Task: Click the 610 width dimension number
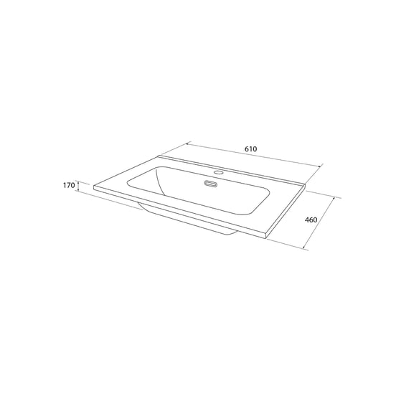250,148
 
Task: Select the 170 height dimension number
69,186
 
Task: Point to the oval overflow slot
211,184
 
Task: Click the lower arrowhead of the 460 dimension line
304,248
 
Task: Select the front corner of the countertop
268,237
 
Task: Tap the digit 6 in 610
246,148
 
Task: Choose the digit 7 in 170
69,186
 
